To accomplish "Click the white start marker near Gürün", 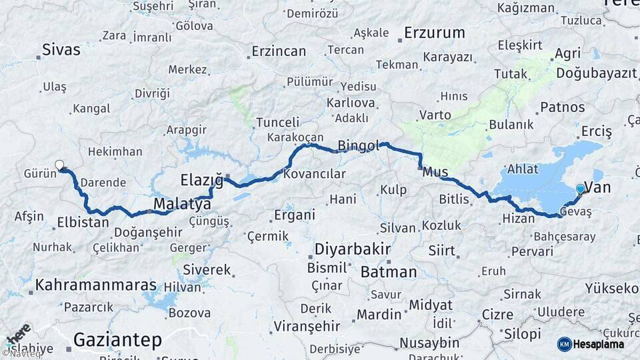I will point(60,165).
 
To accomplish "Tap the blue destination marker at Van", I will point(580,189).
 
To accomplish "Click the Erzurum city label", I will point(435,32).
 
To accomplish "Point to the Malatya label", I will point(182,203).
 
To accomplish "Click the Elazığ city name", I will point(201,179).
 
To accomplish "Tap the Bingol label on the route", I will point(359,145).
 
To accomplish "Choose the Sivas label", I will point(61,49).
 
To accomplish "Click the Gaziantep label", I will point(117,340).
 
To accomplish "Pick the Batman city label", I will point(389,271).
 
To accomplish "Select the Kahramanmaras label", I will point(95,285).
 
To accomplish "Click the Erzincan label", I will point(279,51).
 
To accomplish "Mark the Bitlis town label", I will point(455,199).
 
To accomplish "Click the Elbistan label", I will point(83,222).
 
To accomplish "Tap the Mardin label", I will point(379,314).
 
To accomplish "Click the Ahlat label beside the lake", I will point(523,169).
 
